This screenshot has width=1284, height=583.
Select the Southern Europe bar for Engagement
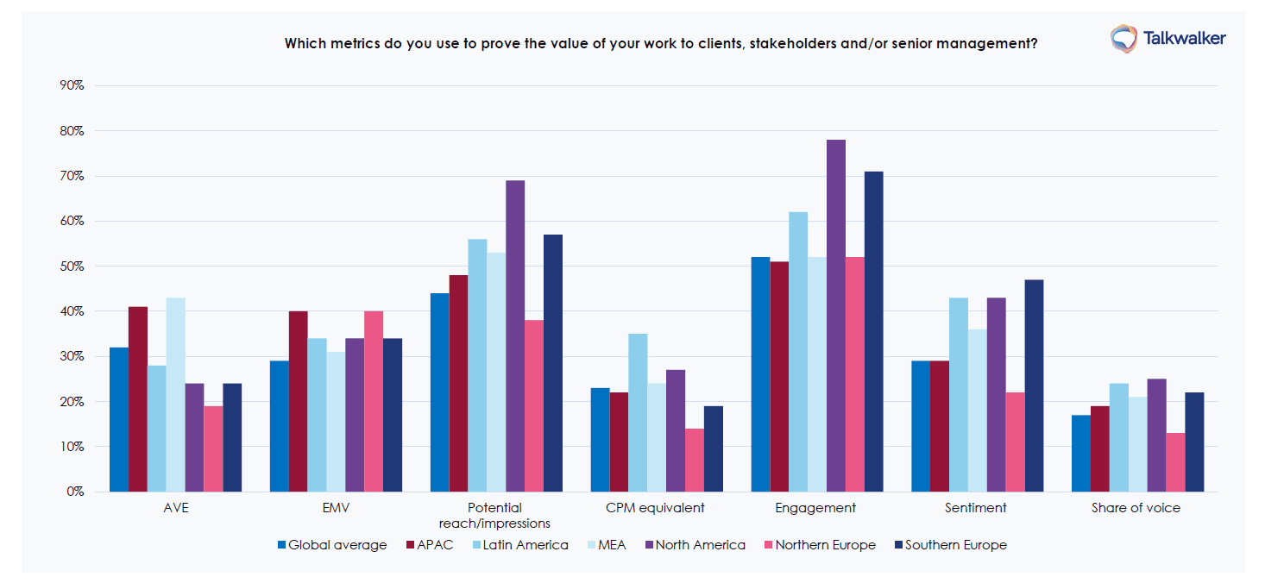(x=873, y=331)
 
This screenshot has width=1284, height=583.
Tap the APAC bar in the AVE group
(x=137, y=398)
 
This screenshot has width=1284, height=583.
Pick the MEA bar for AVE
(x=175, y=394)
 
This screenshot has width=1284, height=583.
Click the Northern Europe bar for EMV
(x=373, y=401)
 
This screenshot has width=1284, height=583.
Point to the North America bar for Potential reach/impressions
(x=515, y=335)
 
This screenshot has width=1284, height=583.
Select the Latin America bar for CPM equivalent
(x=638, y=412)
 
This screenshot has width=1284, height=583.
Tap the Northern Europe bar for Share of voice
(x=1174, y=462)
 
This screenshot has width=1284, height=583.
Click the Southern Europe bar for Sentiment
(x=1034, y=386)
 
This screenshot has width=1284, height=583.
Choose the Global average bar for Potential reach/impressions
(x=440, y=392)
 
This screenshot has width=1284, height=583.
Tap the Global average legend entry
(x=331, y=545)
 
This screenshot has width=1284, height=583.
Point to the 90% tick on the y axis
(x=72, y=85)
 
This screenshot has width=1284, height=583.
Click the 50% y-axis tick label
(x=72, y=266)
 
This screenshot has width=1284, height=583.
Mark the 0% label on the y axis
(x=75, y=492)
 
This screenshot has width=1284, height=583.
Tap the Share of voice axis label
(x=1136, y=508)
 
